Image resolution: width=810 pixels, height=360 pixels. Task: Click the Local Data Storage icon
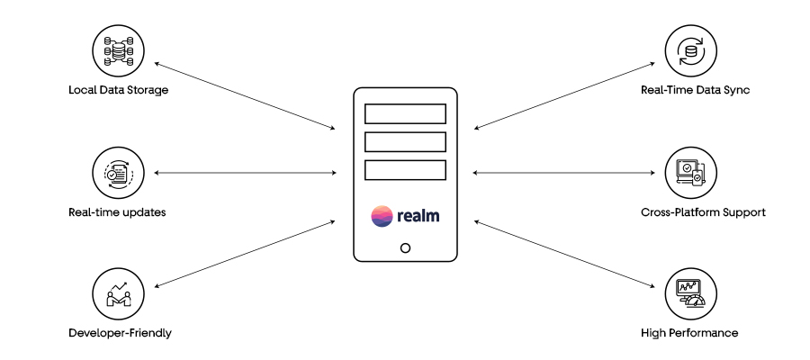point(119,51)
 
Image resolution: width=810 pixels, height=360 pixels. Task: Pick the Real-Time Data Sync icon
point(690,51)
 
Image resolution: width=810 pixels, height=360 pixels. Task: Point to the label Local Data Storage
point(119,91)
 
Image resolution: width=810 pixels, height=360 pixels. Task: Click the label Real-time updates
point(117,212)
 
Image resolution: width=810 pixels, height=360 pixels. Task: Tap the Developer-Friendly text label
point(120,333)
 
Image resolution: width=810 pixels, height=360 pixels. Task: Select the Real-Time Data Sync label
point(690,91)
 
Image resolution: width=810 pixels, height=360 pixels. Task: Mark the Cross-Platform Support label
point(690,212)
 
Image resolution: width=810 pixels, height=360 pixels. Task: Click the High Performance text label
point(690,333)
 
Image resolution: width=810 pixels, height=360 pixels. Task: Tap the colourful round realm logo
point(382,216)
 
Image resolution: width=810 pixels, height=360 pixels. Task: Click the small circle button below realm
point(405,248)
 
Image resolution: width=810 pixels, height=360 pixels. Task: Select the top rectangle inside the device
point(405,113)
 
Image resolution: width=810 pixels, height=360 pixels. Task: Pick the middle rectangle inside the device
point(405,141)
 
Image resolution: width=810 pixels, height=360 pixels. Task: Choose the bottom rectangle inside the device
point(405,169)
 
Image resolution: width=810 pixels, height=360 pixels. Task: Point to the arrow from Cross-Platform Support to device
point(563,170)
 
